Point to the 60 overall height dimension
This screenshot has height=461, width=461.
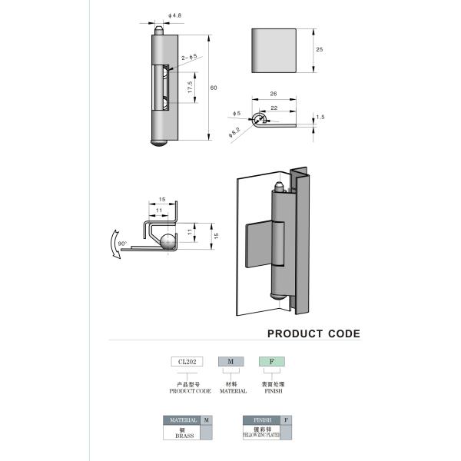(x=214, y=88)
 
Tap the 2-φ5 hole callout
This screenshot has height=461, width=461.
(x=188, y=57)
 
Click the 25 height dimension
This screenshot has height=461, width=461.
(x=318, y=49)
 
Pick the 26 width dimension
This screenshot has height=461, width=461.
(x=274, y=95)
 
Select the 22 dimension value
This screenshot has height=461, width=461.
(x=274, y=108)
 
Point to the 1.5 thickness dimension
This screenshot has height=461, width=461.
(x=320, y=117)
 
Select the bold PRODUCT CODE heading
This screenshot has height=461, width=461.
(x=313, y=333)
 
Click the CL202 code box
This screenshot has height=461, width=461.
(x=187, y=362)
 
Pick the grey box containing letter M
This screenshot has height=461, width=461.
(x=230, y=362)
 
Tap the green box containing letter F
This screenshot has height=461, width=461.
(x=270, y=362)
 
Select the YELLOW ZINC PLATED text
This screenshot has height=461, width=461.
(x=260, y=434)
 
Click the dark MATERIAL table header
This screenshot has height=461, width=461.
(x=181, y=420)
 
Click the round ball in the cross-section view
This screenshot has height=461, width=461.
(x=167, y=240)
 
